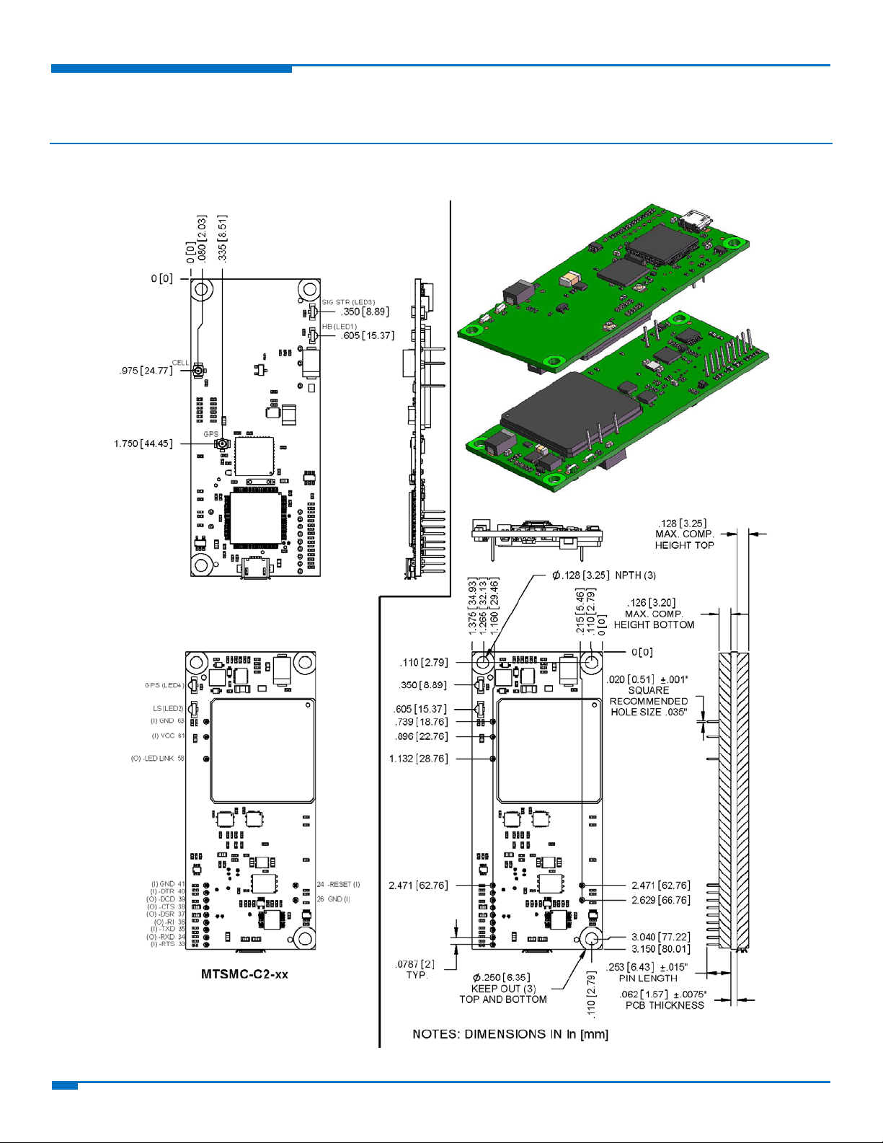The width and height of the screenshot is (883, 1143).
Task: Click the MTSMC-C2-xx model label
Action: (244, 974)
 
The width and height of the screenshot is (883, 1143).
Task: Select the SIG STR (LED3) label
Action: (348, 302)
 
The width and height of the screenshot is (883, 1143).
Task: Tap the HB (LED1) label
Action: (340, 327)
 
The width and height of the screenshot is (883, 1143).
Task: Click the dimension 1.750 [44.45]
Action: (143, 443)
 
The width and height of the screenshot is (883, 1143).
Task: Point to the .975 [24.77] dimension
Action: (146, 371)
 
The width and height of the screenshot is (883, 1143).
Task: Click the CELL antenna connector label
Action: (180, 363)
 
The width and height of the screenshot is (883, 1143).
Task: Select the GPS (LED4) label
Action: (164, 685)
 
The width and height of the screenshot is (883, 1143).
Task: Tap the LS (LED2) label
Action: (168, 709)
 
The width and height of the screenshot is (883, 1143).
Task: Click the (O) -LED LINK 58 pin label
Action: (157, 759)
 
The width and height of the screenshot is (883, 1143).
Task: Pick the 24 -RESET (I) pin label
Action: (338, 884)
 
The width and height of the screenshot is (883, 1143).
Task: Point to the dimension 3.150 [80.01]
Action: (660, 949)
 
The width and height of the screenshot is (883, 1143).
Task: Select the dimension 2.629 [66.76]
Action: (660, 900)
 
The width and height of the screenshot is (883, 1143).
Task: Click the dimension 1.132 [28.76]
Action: (418, 759)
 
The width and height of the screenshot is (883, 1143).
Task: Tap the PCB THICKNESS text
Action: (665, 1005)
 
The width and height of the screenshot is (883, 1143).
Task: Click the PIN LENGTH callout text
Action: (648, 979)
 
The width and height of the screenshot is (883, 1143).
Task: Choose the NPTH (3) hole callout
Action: (635, 575)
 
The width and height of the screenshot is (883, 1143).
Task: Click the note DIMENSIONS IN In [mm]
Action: (510, 1034)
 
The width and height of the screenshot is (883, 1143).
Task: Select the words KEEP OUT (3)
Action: (503, 989)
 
